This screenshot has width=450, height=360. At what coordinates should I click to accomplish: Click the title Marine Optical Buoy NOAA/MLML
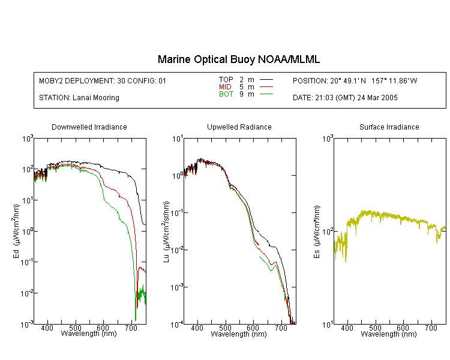[238, 59]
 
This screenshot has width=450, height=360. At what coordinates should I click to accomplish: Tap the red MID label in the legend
[225, 86]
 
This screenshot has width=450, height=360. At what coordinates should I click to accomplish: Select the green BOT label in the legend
[226, 94]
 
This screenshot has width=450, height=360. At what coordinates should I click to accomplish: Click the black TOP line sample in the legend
[266, 79]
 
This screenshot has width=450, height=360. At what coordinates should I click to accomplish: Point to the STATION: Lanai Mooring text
[79, 98]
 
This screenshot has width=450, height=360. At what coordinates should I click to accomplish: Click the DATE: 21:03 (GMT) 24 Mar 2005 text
[345, 98]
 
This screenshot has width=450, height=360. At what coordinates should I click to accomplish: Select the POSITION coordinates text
[355, 80]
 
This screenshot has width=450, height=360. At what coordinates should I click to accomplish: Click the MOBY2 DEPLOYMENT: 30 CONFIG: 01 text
[103, 80]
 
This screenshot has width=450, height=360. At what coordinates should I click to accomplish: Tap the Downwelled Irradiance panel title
[89, 127]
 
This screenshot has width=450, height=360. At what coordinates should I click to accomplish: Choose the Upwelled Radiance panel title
[239, 127]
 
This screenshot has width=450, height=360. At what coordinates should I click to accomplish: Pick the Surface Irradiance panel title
[389, 127]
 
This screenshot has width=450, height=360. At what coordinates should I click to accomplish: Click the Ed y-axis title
[16, 231]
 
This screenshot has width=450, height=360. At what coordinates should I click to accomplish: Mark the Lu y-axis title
[166, 232]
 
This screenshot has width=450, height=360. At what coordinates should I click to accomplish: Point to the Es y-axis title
[316, 232]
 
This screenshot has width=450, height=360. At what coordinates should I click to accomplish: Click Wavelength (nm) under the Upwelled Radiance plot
[239, 334]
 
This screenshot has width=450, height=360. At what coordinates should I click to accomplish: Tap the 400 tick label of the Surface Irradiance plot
[347, 328]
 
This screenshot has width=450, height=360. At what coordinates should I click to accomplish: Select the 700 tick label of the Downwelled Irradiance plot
[131, 328]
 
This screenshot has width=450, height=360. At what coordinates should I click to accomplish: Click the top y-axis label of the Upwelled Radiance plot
[178, 139]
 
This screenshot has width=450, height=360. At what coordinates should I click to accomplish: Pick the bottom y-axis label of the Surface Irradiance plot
[328, 325]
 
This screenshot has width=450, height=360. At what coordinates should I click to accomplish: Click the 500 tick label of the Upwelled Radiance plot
[225, 328]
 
